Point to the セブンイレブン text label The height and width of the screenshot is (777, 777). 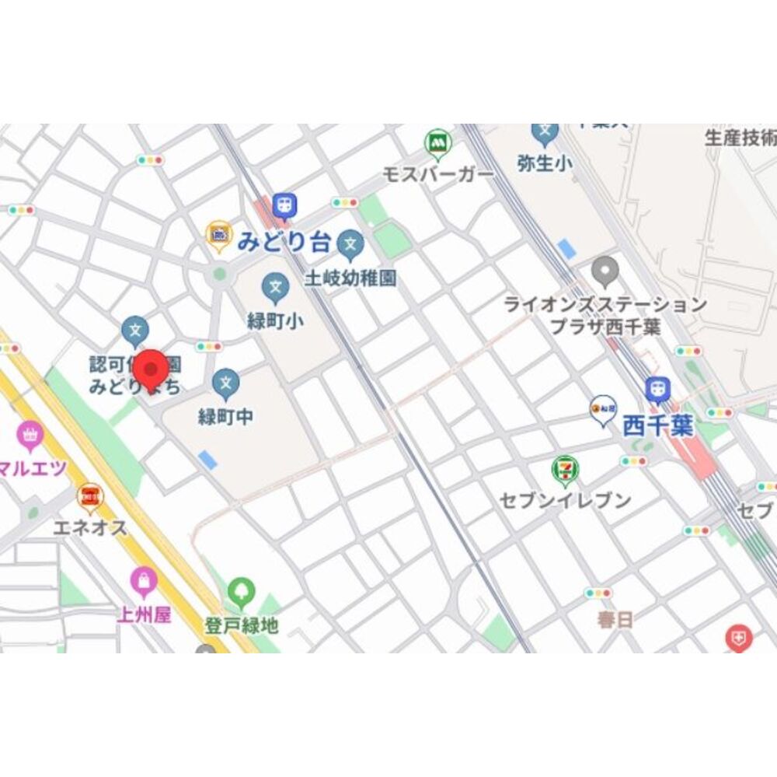(566, 500)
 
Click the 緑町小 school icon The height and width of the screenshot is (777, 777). (275, 287)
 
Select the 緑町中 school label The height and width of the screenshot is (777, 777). (225, 416)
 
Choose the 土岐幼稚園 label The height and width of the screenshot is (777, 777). (350, 278)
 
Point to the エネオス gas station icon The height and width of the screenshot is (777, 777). (90, 495)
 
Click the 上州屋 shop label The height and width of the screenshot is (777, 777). (144, 614)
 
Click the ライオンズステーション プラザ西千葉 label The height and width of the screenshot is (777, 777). (605, 315)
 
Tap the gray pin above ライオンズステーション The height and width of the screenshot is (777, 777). (605, 271)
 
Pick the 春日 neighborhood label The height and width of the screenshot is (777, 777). (615, 620)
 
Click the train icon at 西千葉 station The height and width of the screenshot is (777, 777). (657, 388)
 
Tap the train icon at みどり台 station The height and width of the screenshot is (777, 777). (286, 205)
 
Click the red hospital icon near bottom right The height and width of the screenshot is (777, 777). (738, 638)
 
